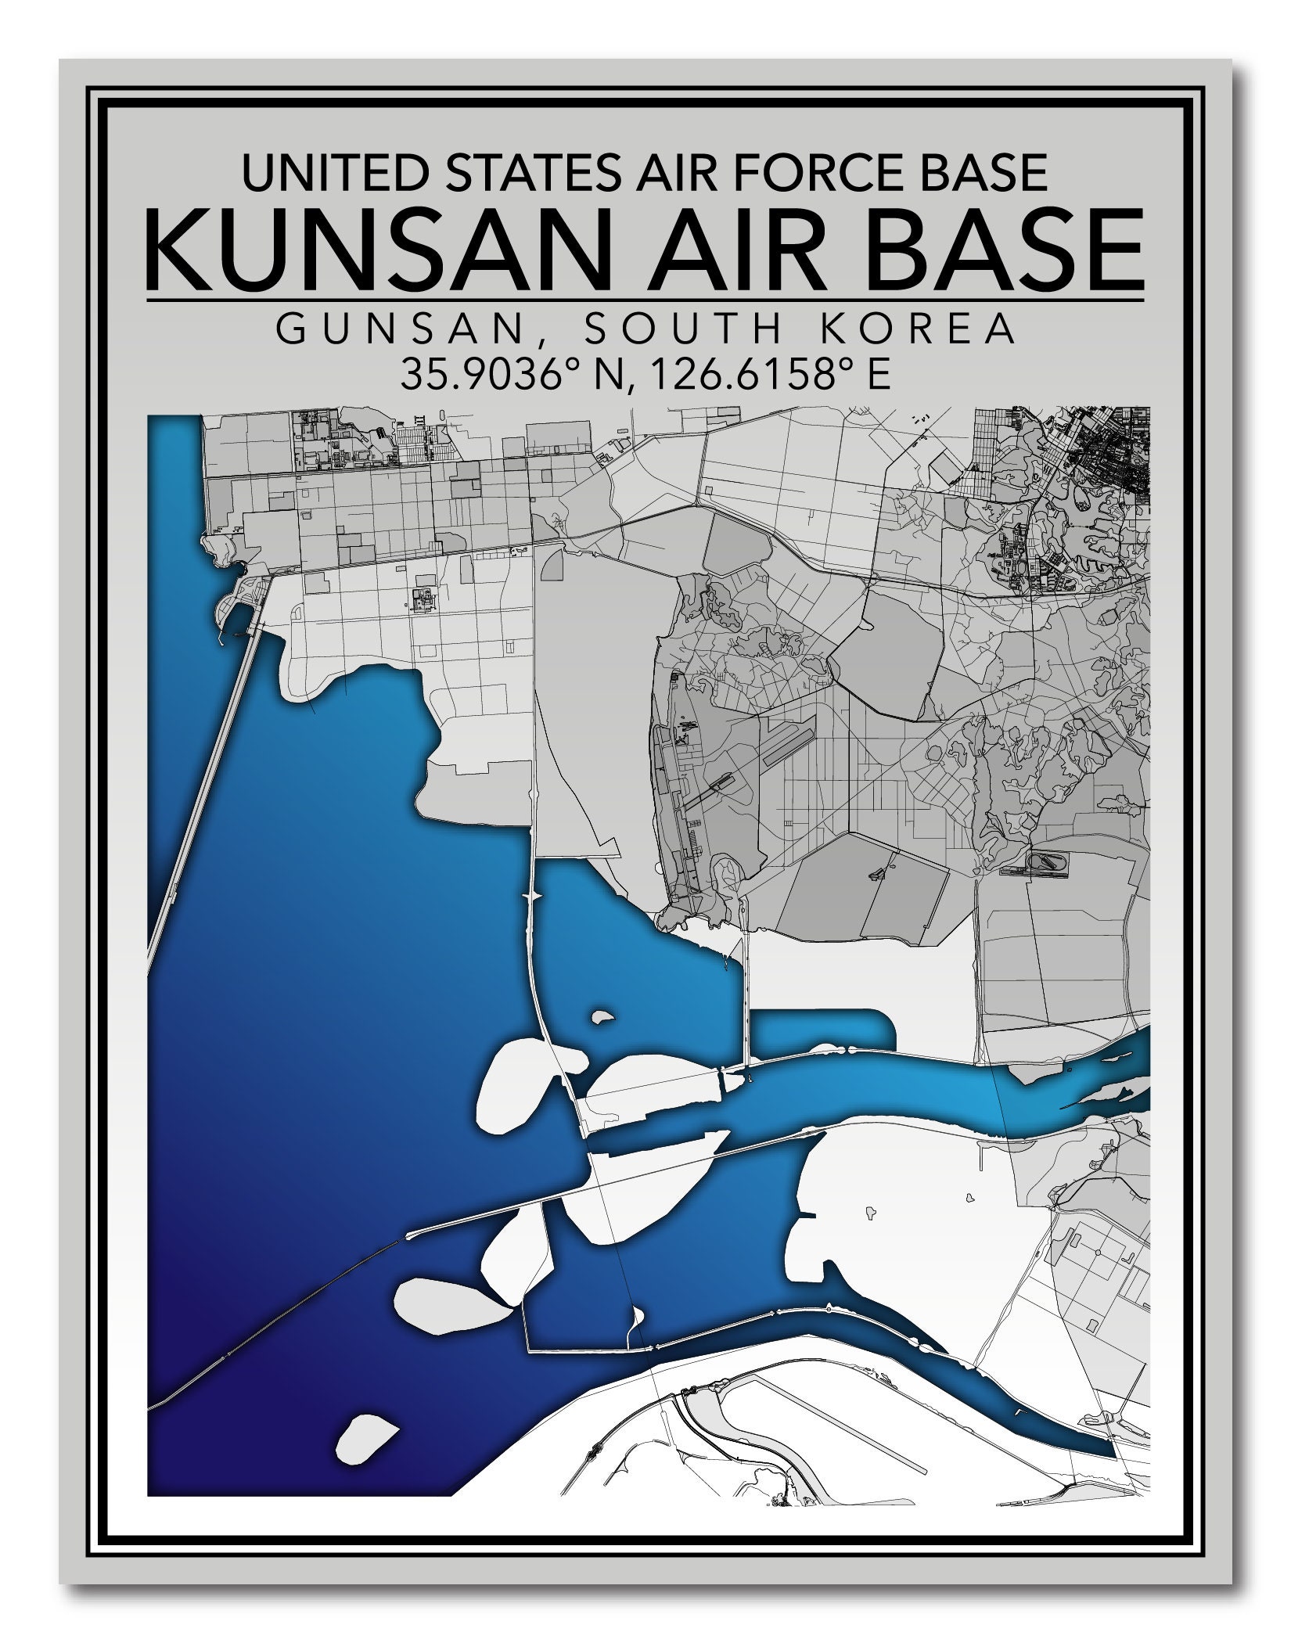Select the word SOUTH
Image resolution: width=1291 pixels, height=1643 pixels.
click(x=683, y=331)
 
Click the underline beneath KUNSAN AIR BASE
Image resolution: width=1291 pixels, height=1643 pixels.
click(x=645, y=300)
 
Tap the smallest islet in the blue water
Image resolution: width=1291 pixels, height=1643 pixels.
click(x=602, y=1018)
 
